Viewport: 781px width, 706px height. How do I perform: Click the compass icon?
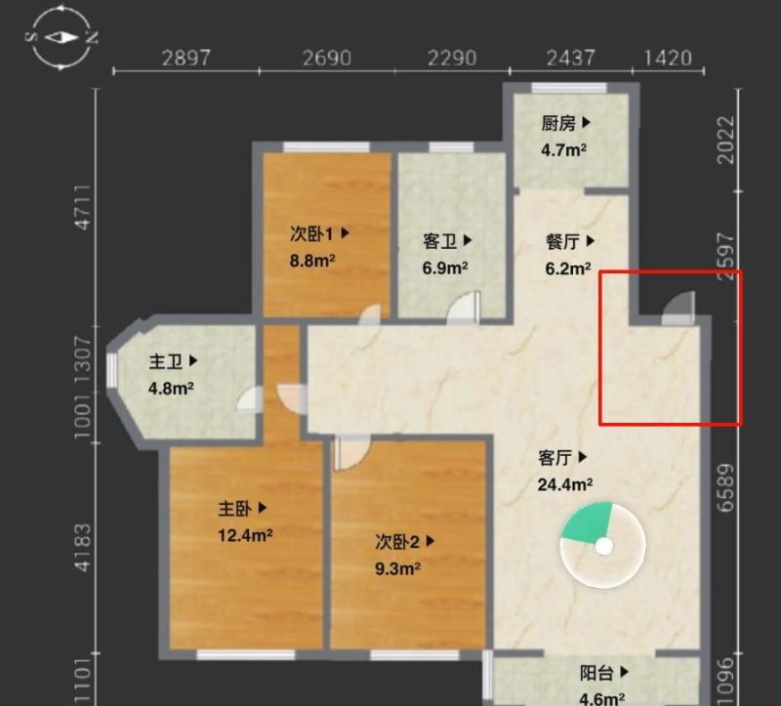tap(61, 37)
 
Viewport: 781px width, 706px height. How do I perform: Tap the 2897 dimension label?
tap(186, 58)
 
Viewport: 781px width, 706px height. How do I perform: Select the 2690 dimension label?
tap(327, 58)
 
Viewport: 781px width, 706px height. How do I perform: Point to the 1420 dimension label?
tap(668, 58)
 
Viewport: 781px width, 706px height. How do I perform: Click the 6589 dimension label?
tap(725, 488)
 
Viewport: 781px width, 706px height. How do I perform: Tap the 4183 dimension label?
tap(83, 547)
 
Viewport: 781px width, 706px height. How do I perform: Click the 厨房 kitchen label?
tap(558, 123)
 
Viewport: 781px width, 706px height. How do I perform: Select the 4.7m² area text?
tap(563, 149)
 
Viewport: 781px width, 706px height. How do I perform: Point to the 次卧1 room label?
tap(311, 233)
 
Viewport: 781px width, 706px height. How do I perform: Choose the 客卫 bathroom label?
tap(440, 241)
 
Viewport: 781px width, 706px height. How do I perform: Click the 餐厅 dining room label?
tap(563, 241)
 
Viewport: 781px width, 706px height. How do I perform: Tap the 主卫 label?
tap(166, 361)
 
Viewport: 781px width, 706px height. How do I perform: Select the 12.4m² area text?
tap(245, 535)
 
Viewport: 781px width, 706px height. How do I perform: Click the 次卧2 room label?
tap(397, 542)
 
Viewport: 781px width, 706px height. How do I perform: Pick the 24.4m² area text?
tap(565, 484)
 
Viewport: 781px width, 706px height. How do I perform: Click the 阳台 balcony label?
tap(596, 673)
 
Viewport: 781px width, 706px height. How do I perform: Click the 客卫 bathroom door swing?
tap(463, 307)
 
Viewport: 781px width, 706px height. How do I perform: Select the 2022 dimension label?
tap(725, 140)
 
